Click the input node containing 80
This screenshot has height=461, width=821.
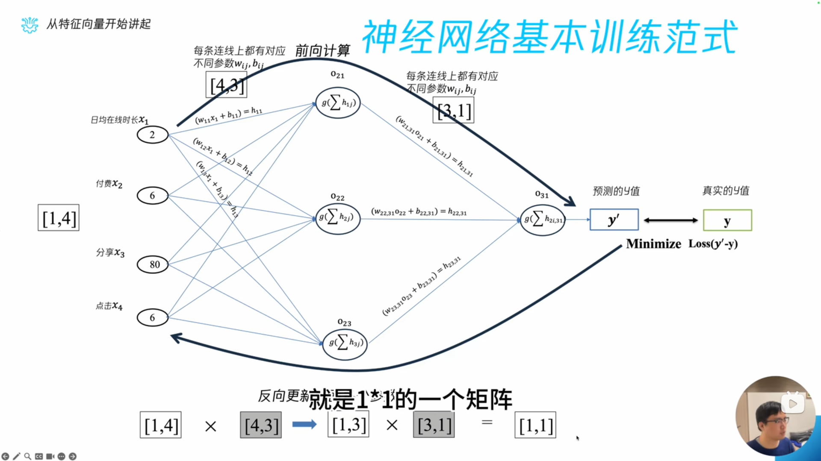coord(153,264)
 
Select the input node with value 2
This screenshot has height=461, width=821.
coord(153,135)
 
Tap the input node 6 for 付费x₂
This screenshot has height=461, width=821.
coord(153,196)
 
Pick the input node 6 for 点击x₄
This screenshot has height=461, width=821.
coord(153,317)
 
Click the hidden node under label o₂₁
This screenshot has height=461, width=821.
coord(338,103)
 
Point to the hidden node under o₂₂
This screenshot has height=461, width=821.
coord(338,218)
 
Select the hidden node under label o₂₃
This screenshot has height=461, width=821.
coord(345,343)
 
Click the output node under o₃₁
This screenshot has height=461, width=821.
coord(543,220)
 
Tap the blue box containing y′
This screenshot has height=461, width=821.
coord(614,220)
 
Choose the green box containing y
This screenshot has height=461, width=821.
coord(727,220)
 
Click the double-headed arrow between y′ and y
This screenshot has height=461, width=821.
coord(670,220)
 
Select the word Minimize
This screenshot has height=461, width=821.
coord(653,244)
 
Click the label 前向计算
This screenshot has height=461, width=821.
coord(323,50)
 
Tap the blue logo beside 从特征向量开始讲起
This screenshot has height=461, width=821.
coord(30,25)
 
